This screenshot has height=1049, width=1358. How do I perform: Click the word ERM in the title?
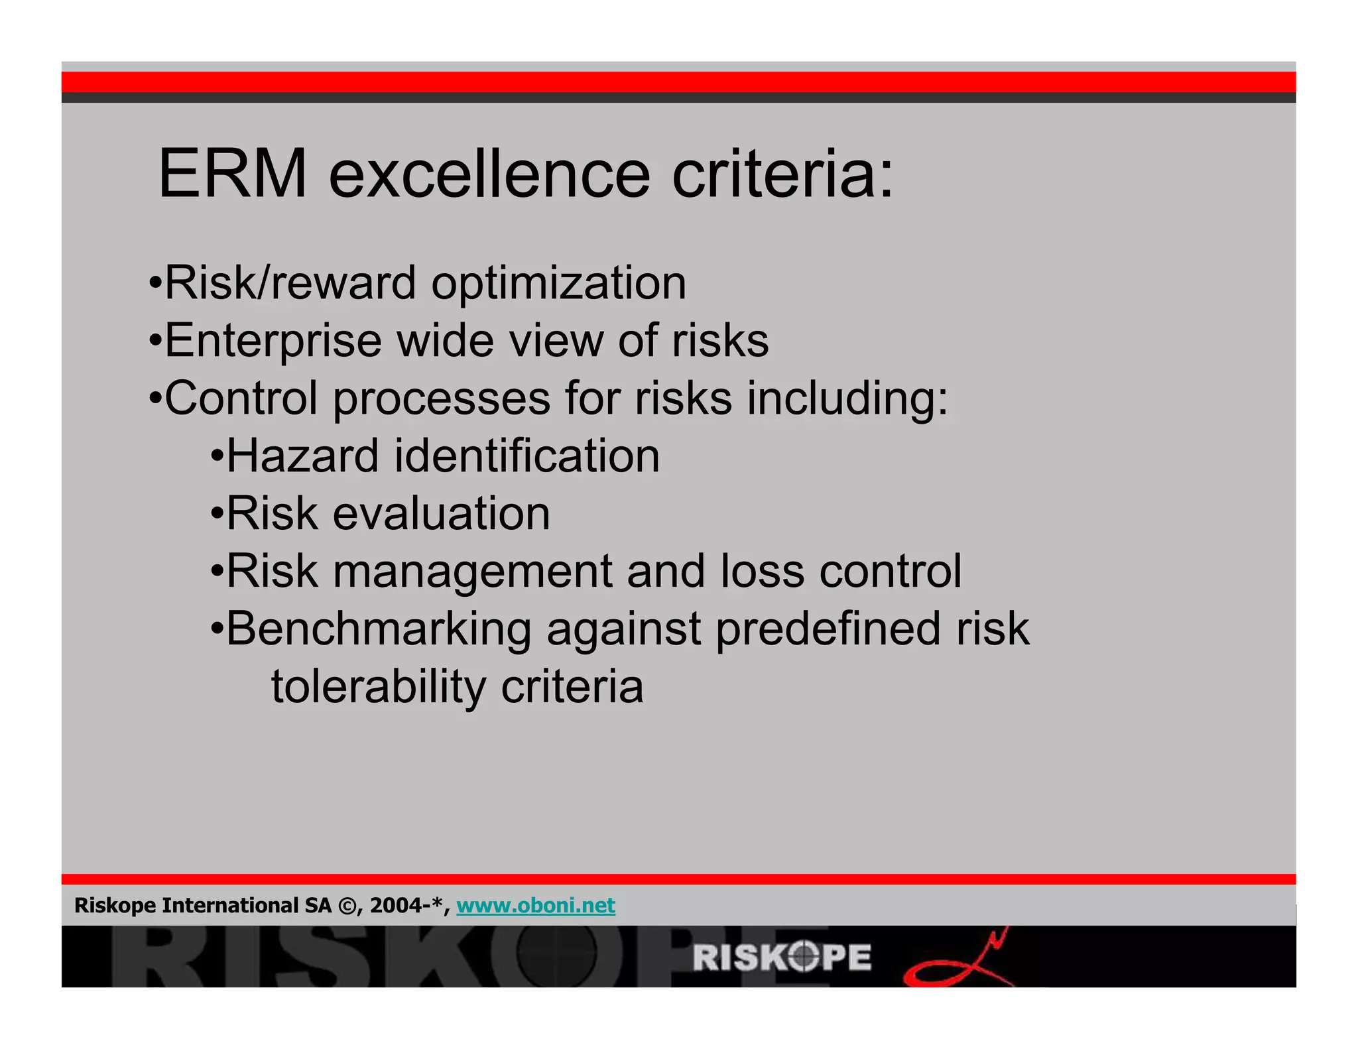233,174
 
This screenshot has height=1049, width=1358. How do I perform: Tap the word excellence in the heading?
489,174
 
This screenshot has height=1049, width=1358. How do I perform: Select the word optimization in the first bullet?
558,284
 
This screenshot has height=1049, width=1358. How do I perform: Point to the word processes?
442,399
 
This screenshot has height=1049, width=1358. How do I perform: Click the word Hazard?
302,456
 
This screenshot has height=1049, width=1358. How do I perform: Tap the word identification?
527,456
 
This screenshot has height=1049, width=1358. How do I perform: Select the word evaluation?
441,514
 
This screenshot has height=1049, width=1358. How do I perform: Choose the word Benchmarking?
379,629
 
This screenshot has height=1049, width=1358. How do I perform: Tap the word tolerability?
379,687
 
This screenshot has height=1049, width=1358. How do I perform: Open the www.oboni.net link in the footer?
536,906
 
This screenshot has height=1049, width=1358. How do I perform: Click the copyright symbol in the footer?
346,906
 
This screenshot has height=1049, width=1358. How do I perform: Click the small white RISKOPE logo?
782,957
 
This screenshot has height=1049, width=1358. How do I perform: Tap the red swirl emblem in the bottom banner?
958,960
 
